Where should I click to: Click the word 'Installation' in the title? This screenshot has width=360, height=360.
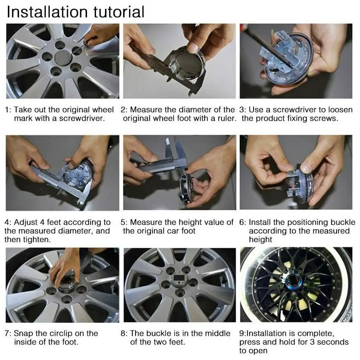pos(47,12)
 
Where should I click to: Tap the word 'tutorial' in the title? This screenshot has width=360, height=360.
pos(119,12)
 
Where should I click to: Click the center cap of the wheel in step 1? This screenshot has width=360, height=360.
pos(63,58)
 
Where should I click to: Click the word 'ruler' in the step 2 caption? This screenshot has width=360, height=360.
pos(227,118)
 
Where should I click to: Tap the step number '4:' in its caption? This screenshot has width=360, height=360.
pos(8,222)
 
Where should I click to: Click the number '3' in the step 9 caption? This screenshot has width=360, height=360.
pos(312,342)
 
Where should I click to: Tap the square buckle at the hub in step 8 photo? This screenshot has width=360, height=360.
pos(178,278)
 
